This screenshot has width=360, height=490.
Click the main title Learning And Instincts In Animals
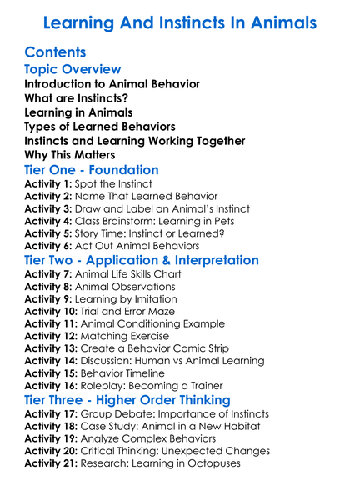[x=179, y=22]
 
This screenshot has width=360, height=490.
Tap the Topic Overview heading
[x=73, y=70]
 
